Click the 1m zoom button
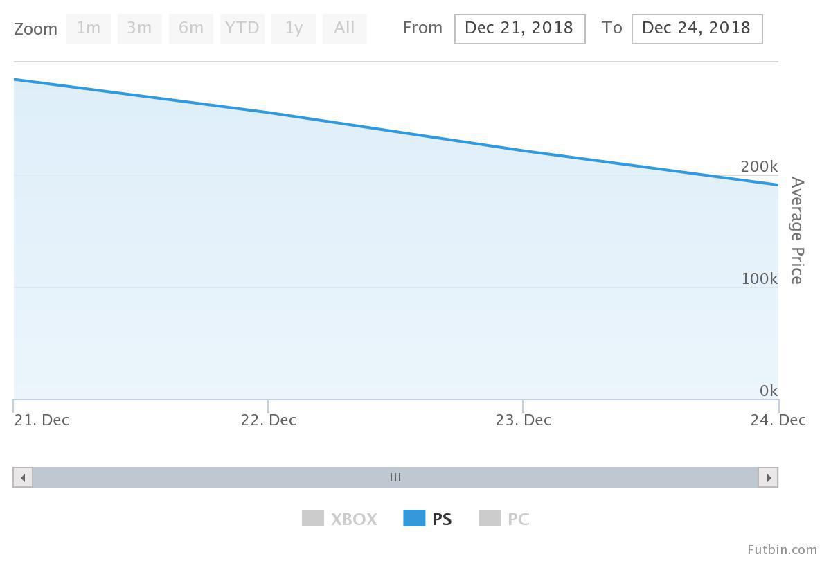point(89,28)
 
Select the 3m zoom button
point(139,28)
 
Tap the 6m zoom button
point(190,28)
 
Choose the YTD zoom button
point(242,28)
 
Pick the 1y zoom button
point(294,28)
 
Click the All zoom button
point(344,28)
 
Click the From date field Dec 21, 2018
point(519,28)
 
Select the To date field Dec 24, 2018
point(697,28)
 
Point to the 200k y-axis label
point(759,167)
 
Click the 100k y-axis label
point(759,279)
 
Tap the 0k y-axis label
point(769,391)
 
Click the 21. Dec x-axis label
point(42,420)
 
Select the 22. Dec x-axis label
point(269,420)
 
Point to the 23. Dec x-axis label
point(524,420)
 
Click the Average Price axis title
point(797,231)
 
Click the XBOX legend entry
point(340,519)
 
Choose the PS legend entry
point(428,519)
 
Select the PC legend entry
point(505,519)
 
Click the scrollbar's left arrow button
point(23,477)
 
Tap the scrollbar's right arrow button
point(768,477)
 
